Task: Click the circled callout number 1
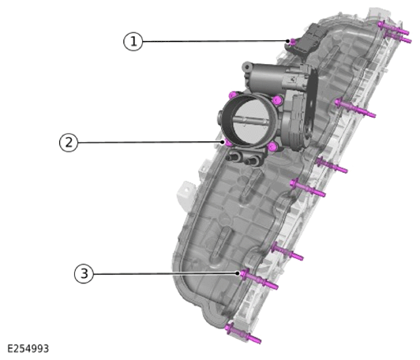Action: tap(133, 42)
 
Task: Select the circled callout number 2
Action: tap(69, 142)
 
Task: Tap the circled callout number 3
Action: tap(84, 274)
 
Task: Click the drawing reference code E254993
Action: tap(28, 348)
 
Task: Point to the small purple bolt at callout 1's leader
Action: tap(293, 42)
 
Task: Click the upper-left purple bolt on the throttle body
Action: tap(234, 95)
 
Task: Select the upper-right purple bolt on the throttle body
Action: tap(278, 100)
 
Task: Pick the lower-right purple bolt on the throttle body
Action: tap(272, 146)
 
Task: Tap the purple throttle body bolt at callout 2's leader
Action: tap(228, 143)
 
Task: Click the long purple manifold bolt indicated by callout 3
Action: tap(259, 279)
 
